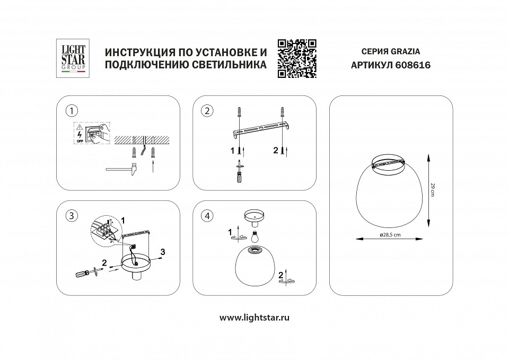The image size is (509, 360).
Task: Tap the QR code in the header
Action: (297, 59)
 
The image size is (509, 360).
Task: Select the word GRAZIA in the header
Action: (406, 52)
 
